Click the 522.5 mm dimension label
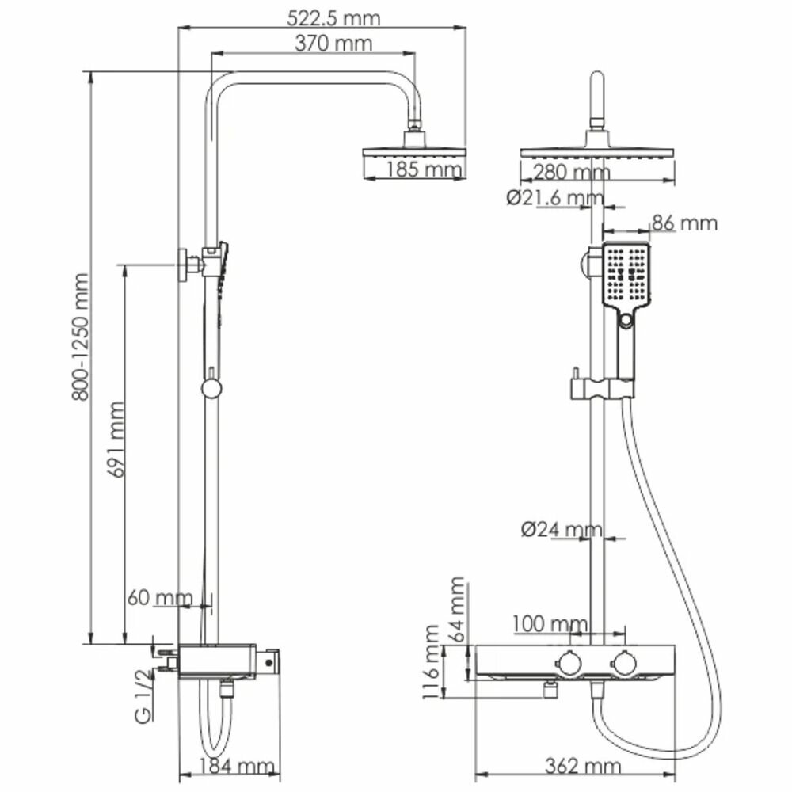point(319,17)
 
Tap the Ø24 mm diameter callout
point(562,529)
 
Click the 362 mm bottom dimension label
point(582,767)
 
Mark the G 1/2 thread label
point(143,698)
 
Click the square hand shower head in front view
point(626,275)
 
